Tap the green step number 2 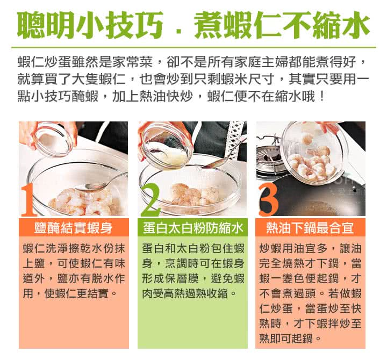pos(150,200)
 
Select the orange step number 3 pos(268,200)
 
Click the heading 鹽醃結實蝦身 pos(74,228)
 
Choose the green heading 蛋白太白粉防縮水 pos(193,228)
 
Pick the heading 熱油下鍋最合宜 pos(310,228)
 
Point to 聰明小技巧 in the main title pos(90,25)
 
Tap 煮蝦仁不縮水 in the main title pos(282,25)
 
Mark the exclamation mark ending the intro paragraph pos(321,97)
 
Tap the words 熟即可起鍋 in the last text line pos(286,338)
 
